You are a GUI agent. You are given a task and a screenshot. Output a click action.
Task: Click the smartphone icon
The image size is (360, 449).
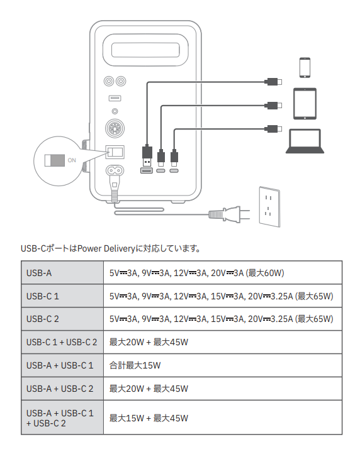pyautogui.click(x=305, y=67)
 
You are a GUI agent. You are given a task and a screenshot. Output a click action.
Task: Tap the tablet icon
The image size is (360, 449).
pyautogui.click(x=305, y=104)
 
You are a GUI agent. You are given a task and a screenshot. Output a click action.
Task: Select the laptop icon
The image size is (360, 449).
pyautogui.click(x=305, y=141)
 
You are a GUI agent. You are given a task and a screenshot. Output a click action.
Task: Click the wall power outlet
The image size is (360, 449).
pyautogui.click(x=269, y=207)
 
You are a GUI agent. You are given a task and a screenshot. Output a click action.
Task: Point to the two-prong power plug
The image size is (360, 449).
pyautogui.click(x=228, y=214)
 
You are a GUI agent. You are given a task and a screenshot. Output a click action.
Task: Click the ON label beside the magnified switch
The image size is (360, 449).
pyautogui.click(x=72, y=160)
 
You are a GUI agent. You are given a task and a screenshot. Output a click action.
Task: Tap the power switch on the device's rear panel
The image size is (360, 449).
pyautogui.click(x=115, y=152)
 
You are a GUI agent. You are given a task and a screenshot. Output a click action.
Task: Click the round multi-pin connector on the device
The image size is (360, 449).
pyautogui.click(x=115, y=128)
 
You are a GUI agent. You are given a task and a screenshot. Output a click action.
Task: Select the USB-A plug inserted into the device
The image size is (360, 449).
pyautogui.click(x=147, y=157)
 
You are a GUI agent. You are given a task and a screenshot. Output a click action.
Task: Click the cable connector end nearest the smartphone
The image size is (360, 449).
pyautogui.click(x=273, y=82)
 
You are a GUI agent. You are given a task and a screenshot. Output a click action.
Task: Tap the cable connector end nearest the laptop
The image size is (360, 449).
pyautogui.click(x=273, y=129)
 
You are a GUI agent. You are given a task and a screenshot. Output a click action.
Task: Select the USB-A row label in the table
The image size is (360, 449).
pyautogui.click(x=39, y=273)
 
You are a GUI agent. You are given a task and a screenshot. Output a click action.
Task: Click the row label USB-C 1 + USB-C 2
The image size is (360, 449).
pyautogui.click(x=62, y=342)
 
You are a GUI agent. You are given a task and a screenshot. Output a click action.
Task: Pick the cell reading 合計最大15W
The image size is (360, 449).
pyautogui.click(x=135, y=365)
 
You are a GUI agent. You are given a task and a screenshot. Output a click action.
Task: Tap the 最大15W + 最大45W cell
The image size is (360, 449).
pyautogui.click(x=149, y=418)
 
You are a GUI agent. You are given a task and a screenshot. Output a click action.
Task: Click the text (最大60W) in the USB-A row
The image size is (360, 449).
pyautogui.click(x=265, y=273)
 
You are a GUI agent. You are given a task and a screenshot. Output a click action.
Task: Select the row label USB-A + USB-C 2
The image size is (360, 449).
pyautogui.click(x=60, y=389)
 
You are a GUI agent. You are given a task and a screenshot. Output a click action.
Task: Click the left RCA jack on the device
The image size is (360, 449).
pyautogui.click(x=109, y=81)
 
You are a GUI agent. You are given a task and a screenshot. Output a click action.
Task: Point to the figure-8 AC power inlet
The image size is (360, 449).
pyautogui.click(x=115, y=171)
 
